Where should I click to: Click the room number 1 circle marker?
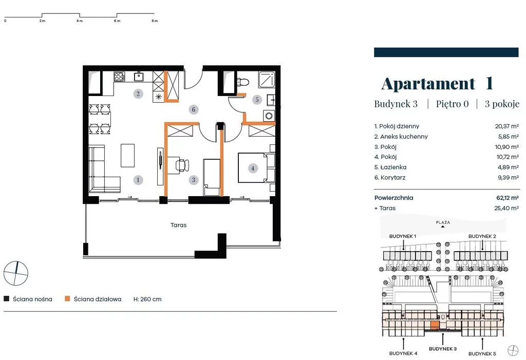coord(138,180)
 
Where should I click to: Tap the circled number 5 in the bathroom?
coord(257,99)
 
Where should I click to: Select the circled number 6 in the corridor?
coord(193,109)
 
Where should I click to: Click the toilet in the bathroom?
coord(242,82)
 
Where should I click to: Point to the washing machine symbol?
coord(269,116)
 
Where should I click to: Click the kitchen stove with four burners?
coord(119,77)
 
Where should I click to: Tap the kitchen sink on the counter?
coord(139,77)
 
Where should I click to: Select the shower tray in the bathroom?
coord(267,80)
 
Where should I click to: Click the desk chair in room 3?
coord(182,165)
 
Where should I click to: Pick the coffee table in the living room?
coord(127,155)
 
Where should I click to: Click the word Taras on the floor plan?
coord(178,225)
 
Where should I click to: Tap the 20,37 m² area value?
coord(507,126)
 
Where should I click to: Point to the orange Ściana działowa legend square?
coord(67,298)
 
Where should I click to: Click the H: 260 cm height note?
coord(147,299)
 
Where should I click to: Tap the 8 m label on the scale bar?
coord(154,21)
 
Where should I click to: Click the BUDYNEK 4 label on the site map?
coord(403,353)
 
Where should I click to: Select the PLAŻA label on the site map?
coord(443,222)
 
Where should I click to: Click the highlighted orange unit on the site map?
coord(435,325)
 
